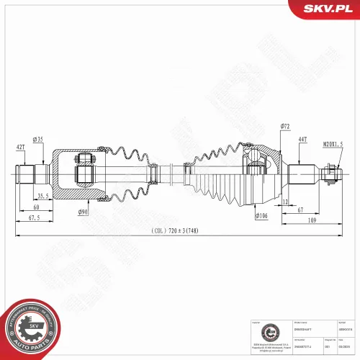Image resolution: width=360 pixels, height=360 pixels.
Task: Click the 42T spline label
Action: click(20, 147)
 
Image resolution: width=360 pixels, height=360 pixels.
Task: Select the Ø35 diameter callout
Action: click(38, 139)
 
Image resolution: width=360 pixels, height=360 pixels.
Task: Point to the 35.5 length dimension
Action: click(42, 195)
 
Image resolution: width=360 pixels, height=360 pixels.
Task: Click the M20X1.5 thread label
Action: click(336, 144)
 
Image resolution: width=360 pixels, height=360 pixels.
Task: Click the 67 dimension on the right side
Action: click(301, 210)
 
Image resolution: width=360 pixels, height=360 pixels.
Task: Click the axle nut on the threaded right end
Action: click(330, 173)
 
